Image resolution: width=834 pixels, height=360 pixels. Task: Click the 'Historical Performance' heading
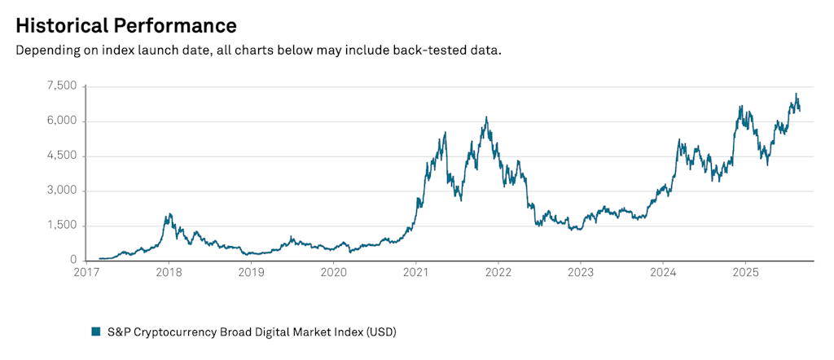126,24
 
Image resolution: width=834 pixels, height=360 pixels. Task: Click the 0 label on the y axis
72,261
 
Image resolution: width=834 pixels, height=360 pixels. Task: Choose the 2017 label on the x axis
86,273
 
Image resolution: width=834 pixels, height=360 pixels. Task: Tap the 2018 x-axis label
168,273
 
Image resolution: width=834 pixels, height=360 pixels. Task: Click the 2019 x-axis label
251,273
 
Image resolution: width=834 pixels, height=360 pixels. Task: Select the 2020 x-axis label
333,273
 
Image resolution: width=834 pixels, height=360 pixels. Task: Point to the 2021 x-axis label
416,273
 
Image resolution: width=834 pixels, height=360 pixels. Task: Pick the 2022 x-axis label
498,273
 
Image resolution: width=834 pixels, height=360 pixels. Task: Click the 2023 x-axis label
581,273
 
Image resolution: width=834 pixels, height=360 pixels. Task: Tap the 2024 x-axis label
663,273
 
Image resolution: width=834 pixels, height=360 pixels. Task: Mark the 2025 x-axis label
746,273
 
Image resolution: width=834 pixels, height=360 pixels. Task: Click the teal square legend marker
95,331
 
